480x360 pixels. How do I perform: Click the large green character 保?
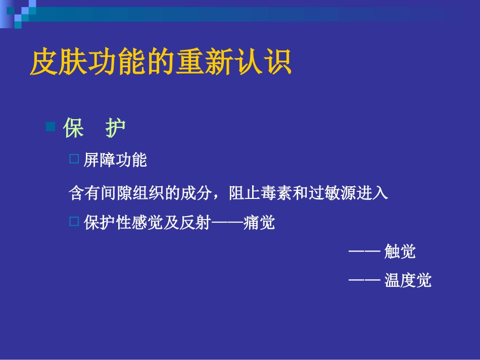coord(73,129)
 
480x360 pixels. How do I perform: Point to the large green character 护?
coord(115,129)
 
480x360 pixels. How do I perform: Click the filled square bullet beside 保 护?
coord(50,127)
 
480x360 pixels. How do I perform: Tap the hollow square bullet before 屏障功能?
coord(74,160)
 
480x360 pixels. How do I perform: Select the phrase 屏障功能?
coord(115,161)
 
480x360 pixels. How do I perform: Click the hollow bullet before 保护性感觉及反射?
coord(74,221)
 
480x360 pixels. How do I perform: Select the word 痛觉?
coord(259,223)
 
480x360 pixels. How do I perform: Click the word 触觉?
coord(400,251)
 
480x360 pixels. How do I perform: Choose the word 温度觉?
coord(408,280)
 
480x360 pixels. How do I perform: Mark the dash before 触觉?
coord(364,251)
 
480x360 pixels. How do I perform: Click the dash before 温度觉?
coord(364,280)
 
